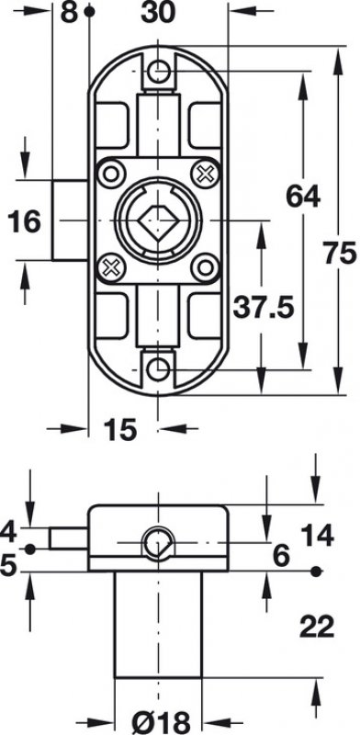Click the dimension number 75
341,255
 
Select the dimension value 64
303,196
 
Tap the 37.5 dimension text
264,308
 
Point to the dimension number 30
158,13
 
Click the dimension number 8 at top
69,13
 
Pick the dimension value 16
25,221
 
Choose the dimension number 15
120,429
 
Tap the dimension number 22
318,627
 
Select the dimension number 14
318,536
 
